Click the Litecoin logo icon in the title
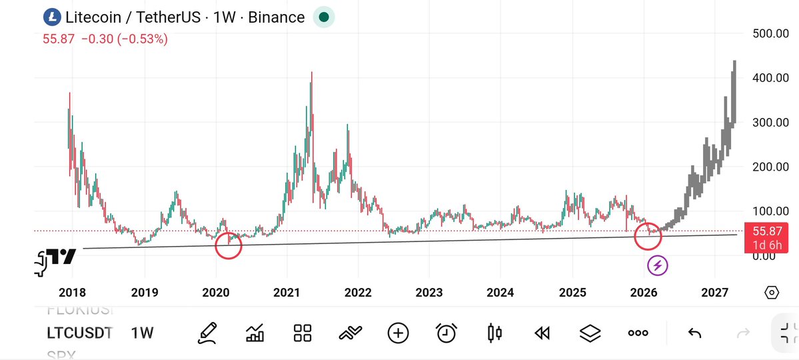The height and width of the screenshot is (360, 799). point(52,17)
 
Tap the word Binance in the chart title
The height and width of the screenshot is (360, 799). point(276,17)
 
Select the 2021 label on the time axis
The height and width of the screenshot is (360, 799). point(287,293)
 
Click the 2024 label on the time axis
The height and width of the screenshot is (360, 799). point(500,293)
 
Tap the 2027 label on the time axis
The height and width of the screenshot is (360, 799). point(714,293)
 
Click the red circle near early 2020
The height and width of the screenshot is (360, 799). point(229,246)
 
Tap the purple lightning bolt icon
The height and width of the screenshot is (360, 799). point(658,265)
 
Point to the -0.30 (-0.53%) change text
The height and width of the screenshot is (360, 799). point(125,39)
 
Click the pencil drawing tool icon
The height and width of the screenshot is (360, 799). point(208,333)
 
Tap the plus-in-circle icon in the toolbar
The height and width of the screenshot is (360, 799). point(398,333)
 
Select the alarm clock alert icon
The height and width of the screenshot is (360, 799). point(446,333)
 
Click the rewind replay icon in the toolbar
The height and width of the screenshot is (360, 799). point(542,333)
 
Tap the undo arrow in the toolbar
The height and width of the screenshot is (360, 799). point(694,333)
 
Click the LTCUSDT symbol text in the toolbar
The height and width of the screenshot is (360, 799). point(79,333)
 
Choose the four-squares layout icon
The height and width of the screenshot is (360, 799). point(303,333)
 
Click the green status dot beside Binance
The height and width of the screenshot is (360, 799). point(324,17)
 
